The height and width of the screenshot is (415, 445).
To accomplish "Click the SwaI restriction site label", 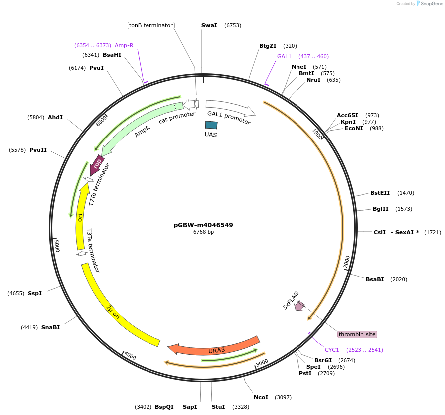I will pos(209,25).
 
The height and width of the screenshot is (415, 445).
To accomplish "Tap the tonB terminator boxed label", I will pos(150,25).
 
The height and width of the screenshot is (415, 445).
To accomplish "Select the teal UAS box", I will pos(211,125).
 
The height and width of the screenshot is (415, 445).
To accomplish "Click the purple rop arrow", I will pos(97,164).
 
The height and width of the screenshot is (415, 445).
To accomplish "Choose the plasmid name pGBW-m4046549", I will pos(203,225).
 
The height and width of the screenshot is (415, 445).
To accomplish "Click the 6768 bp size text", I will pos(203,232).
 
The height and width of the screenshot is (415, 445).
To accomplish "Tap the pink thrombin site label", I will pos(357,334).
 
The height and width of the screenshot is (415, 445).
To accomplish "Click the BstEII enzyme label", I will pos(380,193).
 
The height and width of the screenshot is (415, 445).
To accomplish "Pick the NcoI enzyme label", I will pos(261,397).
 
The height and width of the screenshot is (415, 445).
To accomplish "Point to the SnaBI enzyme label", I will pos(50,327).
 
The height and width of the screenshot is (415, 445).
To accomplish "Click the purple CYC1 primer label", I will pos(332,350).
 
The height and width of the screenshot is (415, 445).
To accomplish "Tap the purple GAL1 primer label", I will pos(284,56).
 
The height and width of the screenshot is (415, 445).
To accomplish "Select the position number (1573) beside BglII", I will pos(404,209).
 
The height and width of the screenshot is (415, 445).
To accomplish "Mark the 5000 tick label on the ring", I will pos(57,245).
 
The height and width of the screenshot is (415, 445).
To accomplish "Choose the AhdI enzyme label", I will pos(55,117).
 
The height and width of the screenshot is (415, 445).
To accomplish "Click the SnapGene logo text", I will pos(431,4).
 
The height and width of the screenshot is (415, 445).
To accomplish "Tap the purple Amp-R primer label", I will pos(124,45).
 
